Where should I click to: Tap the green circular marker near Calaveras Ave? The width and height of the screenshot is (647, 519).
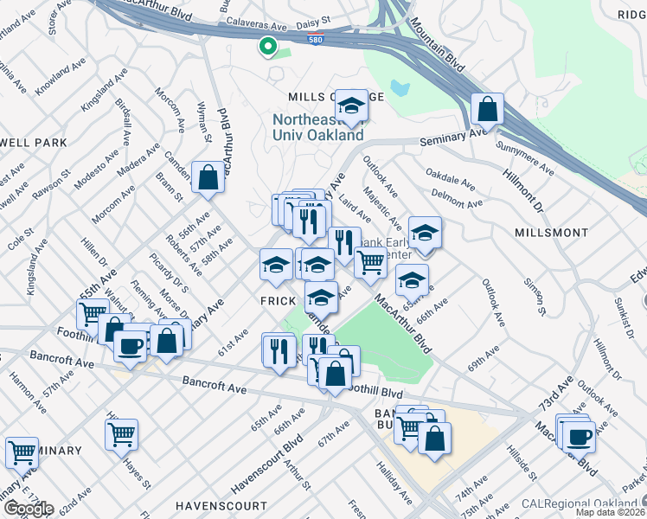(x=268, y=47)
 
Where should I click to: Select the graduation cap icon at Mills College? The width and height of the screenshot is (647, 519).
(x=351, y=106)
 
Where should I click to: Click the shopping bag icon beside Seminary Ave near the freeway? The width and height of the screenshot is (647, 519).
(x=488, y=110)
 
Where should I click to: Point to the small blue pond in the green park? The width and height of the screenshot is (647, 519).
(x=399, y=87)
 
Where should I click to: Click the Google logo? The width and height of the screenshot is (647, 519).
(x=28, y=509)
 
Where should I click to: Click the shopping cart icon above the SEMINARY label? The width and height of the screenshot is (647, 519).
(x=22, y=452)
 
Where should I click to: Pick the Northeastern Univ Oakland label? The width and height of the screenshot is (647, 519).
(x=317, y=127)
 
